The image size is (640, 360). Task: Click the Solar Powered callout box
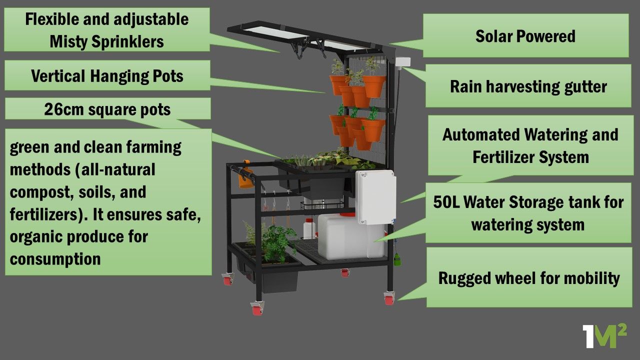pos(525,35)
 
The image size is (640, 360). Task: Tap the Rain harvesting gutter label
pos(528,86)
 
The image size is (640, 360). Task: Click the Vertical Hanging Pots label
pos(107,76)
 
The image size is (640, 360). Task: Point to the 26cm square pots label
pos(107,109)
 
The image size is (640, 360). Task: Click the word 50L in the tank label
pos(446,202)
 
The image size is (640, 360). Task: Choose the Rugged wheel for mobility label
pos(528,278)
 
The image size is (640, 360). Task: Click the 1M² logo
pos(604,336)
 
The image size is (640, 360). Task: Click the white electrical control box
pos(375,197)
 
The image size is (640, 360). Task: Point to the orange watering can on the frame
pos(244,175)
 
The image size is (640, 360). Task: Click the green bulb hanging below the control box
pos(397,259)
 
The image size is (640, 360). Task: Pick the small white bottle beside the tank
pos(309,229)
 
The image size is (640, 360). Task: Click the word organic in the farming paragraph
pos(36,236)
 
